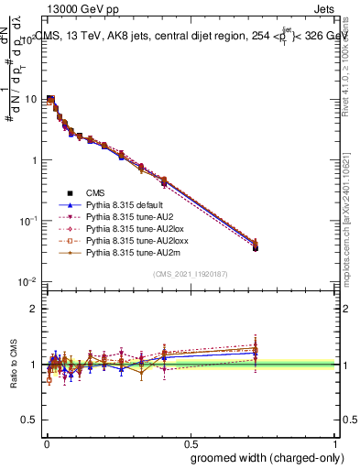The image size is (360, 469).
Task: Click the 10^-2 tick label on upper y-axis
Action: [x=27, y=281]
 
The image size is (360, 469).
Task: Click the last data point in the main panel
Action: [x=255, y=247]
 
